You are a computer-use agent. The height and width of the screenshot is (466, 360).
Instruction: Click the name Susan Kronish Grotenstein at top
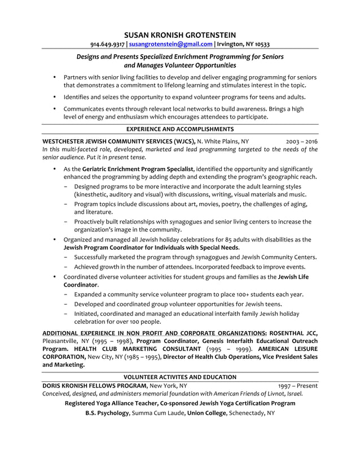[x=180, y=34]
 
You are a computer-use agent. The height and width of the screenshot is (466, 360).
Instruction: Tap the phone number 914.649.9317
[x=108, y=44]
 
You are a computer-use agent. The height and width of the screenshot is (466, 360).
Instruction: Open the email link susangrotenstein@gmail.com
[x=171, y=44]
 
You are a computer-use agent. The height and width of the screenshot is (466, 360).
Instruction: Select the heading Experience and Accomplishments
[x=180, y=129]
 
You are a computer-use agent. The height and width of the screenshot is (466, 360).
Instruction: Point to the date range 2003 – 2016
[x=302, y=141]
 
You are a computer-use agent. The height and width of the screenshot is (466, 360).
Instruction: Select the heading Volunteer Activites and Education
[x=180, y=377]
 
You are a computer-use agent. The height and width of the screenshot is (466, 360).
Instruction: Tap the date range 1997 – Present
[x=298, y=385]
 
